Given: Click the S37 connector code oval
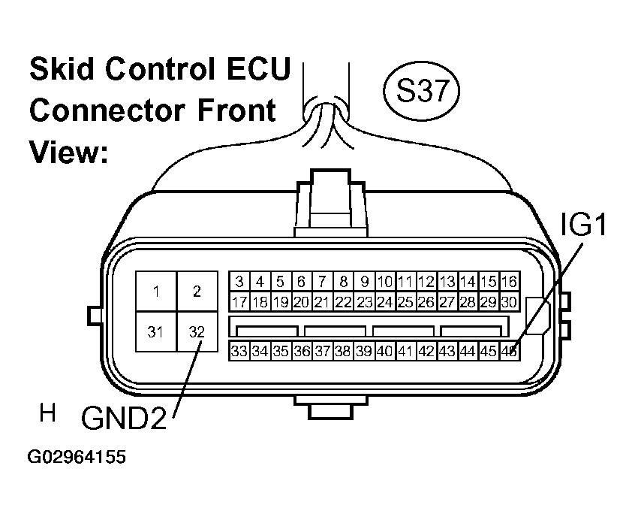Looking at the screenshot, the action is click(x=421, y=91).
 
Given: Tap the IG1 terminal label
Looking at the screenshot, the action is click(x=583, y=225).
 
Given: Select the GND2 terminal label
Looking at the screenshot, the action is click(x=124, y=418).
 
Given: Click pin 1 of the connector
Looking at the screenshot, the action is click(x=156, y=292).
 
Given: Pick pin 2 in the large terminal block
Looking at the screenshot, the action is click(x=197, y=292).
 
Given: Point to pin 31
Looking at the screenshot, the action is click(x=156, y=331).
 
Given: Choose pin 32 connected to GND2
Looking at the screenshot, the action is click(x=197, y=331).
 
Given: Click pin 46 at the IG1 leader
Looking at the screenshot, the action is click(x=509, y=351).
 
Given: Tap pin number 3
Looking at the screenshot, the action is click(x=239, y=281).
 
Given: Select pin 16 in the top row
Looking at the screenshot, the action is click(x=510, y=281).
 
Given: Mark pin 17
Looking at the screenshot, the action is click(x=239, y=302).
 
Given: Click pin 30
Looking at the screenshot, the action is click(x=510, y=302).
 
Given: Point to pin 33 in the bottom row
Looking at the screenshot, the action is click(x=239, y=351).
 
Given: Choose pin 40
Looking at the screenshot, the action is click(x=385, y=351).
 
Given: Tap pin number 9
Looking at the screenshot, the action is click(x=364, y=281).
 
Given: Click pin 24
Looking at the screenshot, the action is click(x=385, y=302).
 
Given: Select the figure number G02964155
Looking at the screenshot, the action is click(x=77, y=457).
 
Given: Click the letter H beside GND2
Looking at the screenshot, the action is click(x=47, y=413).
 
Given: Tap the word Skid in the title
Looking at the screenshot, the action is click(x=62, y=68).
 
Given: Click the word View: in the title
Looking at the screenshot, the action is click(x=68, y=152).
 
